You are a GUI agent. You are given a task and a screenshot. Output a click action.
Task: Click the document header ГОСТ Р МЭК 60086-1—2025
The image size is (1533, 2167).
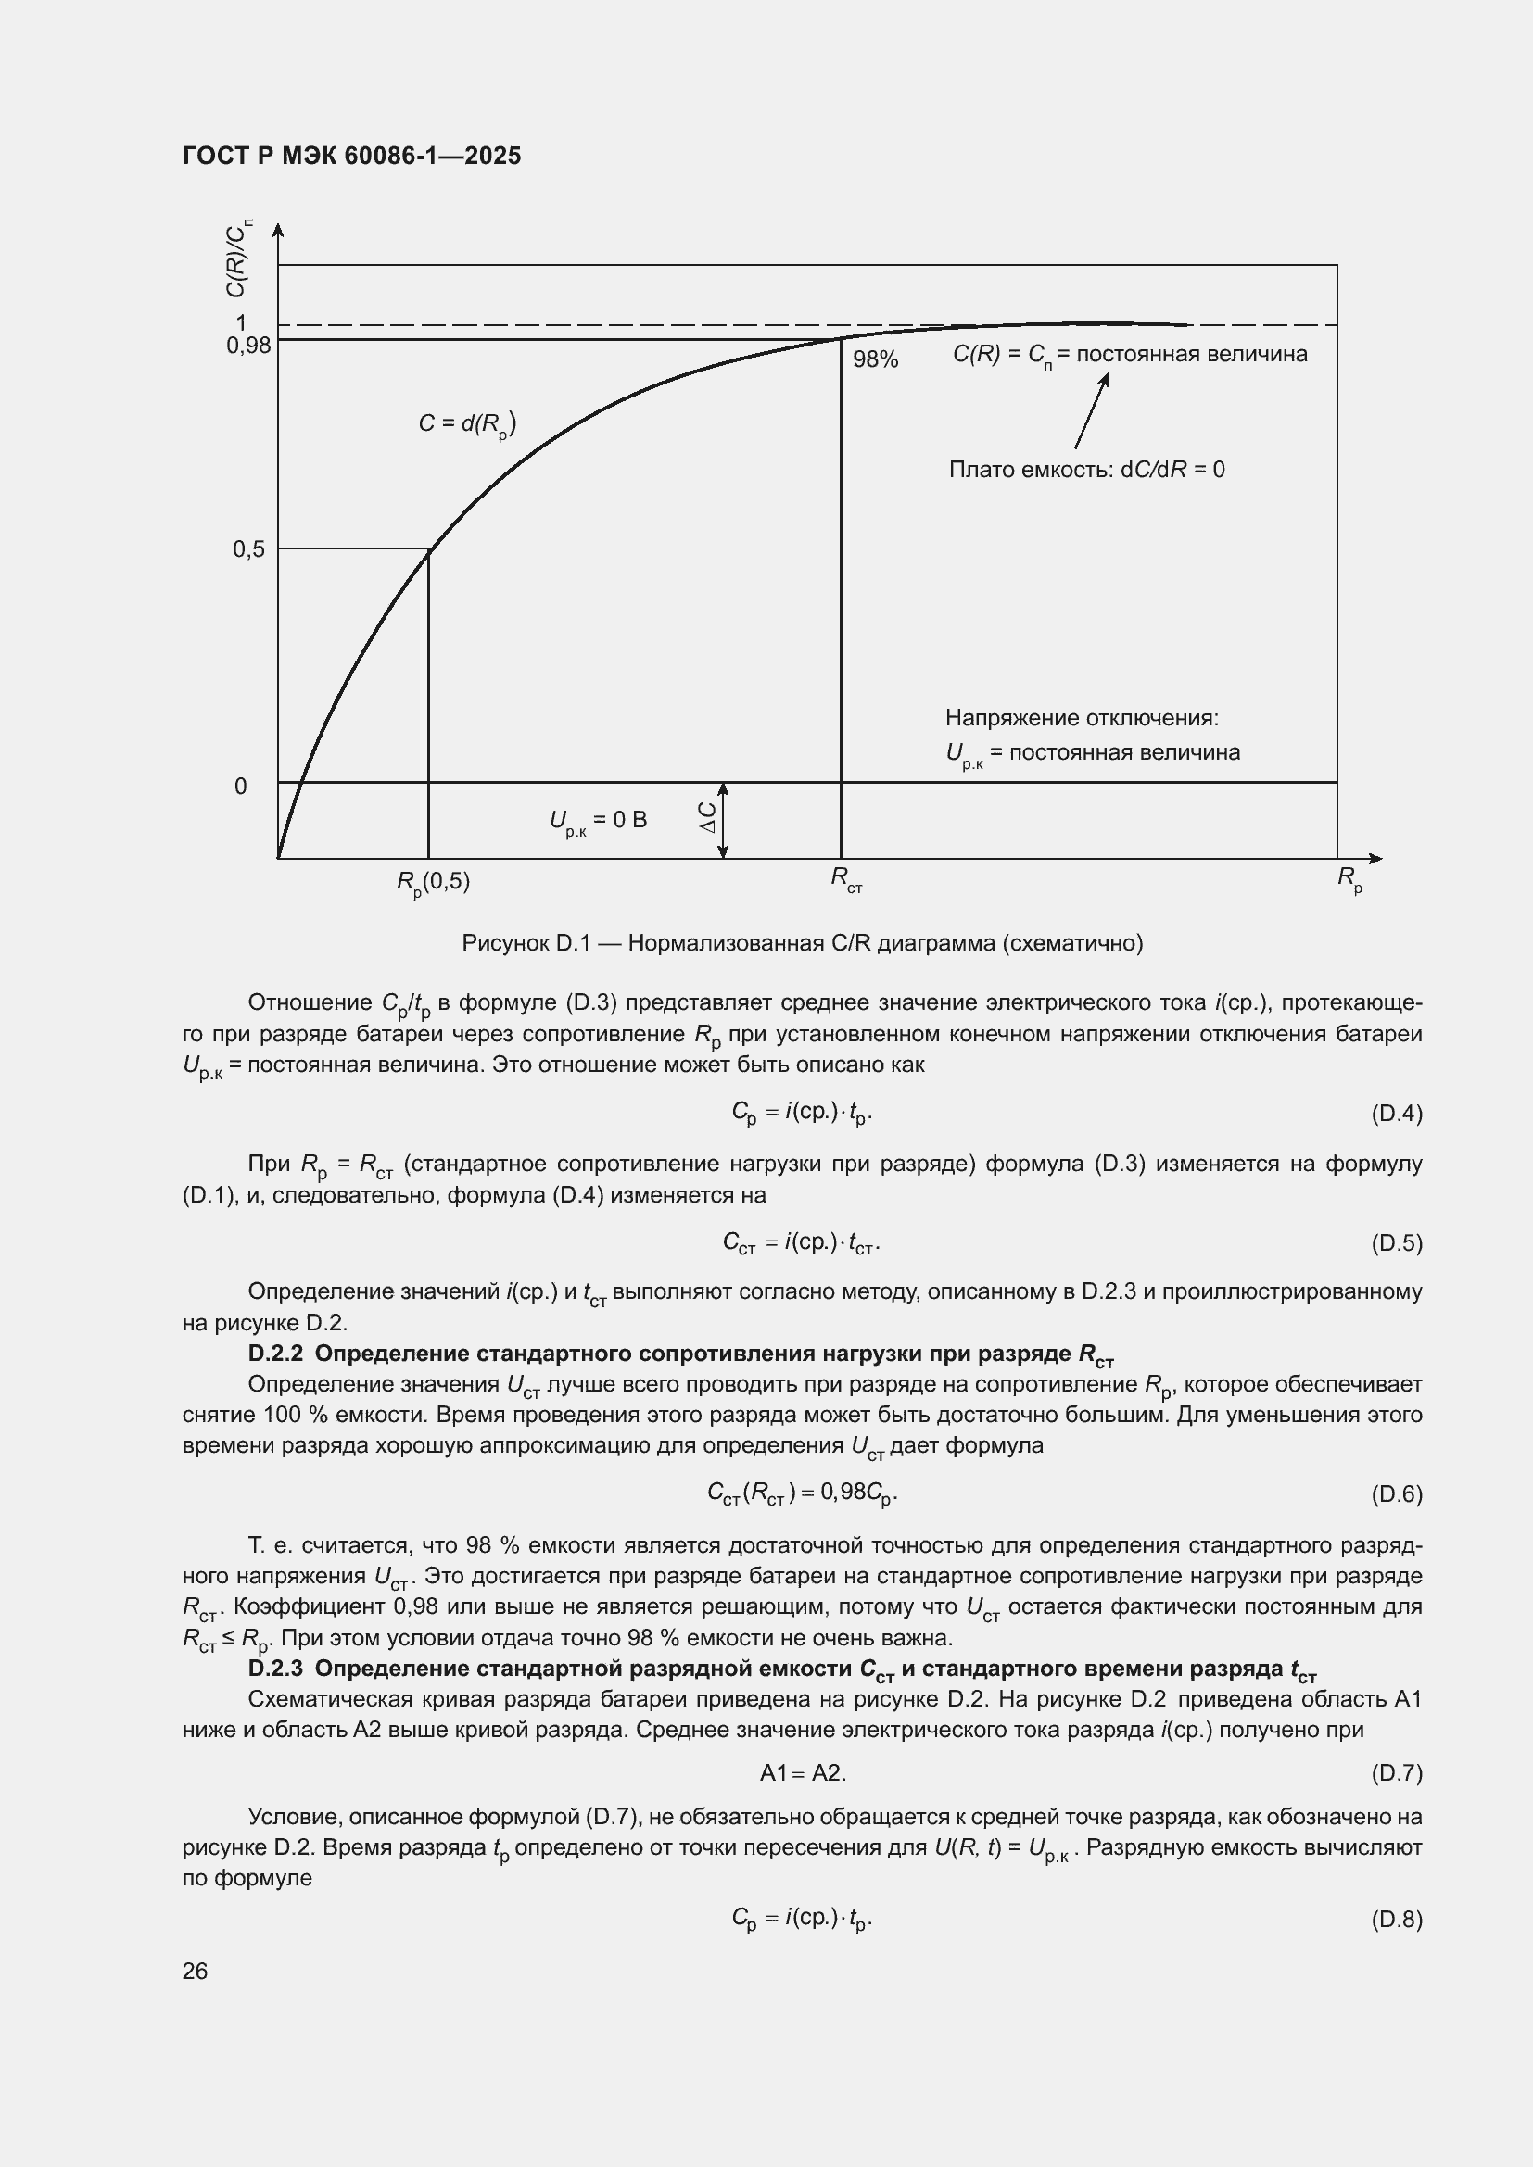(x=351, y=156)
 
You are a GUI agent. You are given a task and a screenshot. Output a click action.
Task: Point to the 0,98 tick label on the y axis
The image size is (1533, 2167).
(x=248, y=346)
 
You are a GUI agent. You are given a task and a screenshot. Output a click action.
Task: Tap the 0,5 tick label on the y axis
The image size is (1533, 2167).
(x=249, y=549)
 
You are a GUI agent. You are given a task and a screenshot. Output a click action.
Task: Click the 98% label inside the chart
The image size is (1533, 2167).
(x=875, y=359)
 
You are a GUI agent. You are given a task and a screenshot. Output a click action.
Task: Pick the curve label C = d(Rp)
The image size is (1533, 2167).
(x=467, y=423)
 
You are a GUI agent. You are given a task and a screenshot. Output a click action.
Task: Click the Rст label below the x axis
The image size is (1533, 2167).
(x=846, y=879)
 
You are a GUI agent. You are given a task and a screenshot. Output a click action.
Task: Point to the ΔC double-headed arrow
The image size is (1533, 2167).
(x=723, y=820)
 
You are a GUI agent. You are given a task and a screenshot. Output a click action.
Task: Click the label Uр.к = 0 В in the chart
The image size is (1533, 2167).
(x=599, y=821)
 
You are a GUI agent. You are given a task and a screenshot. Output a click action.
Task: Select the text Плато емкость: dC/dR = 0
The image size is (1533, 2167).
(x=1086, y=470)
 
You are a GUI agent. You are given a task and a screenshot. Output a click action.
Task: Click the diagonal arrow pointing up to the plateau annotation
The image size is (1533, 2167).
(x=1091, y=410)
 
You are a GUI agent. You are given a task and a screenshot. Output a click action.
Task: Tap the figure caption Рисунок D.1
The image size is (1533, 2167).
(x=803, y=943)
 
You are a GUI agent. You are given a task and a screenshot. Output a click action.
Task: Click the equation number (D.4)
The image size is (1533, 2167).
(x=1396, y=1114)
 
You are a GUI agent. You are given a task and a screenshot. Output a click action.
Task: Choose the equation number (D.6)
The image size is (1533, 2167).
(x=1396, y=1494)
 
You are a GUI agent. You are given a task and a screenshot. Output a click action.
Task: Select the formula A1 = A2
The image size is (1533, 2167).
(x=804, y=1772)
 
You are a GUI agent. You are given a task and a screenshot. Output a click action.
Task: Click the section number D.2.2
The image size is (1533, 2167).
(x=274, y=1354)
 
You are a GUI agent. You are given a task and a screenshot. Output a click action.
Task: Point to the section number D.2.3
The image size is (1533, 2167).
(x=274, y=1668)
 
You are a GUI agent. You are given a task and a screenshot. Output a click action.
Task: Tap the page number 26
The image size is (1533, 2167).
(x=196, y=1971)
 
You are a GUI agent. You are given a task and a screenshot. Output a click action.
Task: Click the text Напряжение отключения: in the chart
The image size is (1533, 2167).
(x=1082, y=718)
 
